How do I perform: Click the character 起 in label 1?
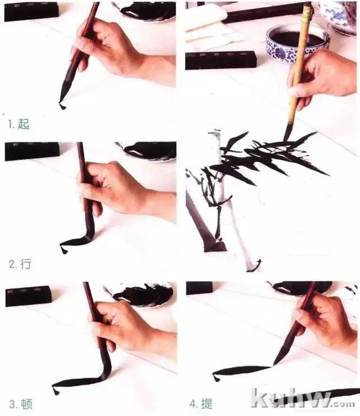pos(24,124)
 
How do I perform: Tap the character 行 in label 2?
pos(26,264)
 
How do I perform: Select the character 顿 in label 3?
pos(26,404)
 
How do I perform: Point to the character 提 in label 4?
pos(207,404)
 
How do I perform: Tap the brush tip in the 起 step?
pos(63,96)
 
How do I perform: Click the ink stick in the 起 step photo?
pos(31,11)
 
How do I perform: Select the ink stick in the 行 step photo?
pos(32,151)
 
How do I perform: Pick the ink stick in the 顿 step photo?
pos(29,296)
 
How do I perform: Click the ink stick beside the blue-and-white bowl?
pos(221,61)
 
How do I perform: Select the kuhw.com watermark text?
pos(303,398)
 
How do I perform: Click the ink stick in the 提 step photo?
pos(199,288)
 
